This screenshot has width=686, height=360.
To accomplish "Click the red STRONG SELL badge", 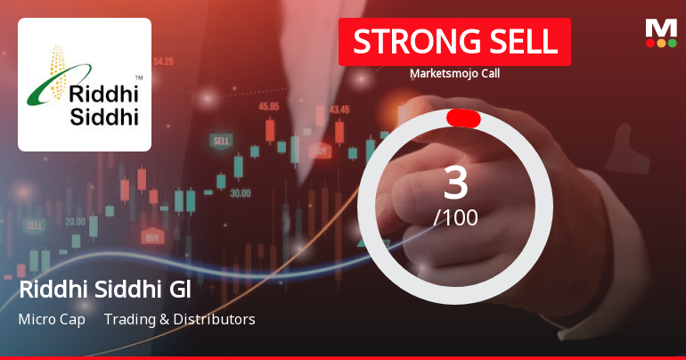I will [454, 41].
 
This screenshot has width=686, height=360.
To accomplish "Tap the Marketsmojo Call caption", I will [455, 74].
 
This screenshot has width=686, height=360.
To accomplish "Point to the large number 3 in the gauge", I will [455, 184].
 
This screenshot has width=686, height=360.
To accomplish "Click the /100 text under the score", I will [455, 217].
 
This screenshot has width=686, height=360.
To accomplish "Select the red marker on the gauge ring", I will [463, 119].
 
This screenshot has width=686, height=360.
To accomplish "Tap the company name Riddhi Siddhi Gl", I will [105, 290].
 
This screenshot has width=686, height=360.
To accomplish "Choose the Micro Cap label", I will [52, 319].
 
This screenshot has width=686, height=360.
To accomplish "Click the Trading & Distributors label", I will [179, 319].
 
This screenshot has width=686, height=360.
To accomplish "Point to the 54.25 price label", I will [163, 61].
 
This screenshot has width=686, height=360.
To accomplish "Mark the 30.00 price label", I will [239, 192].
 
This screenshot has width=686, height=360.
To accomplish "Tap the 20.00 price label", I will [76, 221].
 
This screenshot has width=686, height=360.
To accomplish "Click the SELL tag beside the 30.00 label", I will [220, 141].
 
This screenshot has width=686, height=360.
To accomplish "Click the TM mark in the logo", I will [138, 78].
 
